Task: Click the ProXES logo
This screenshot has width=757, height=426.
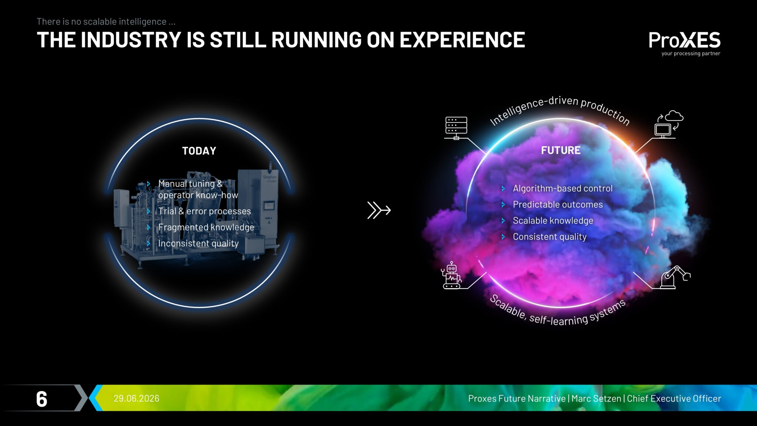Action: tap(685, 40)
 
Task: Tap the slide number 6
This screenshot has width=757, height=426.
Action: tap(42, 399)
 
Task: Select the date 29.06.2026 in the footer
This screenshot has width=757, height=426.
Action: tap(136, 398)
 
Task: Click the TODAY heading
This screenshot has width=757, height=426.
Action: tap(199, 151)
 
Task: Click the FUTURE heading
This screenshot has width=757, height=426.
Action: tap(561, 150)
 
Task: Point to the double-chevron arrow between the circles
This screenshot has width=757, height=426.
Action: tap(379, 210)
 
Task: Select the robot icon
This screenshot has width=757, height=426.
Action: tap(451, 275)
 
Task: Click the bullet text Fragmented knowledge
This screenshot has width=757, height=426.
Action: tap(206, 227)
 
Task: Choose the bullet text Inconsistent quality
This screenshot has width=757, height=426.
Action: tap(198, 243)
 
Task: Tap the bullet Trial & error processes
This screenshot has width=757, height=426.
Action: tap(204, 211)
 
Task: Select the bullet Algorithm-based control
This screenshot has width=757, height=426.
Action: tap(563, 189)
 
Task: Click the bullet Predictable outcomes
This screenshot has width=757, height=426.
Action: tap(558, 204)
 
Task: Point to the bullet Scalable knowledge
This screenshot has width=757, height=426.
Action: tap(553, 221)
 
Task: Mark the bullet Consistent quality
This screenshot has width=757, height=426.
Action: tap(550, 237)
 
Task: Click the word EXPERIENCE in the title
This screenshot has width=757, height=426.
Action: tap(462, 40)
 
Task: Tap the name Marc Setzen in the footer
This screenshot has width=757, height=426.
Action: tap(596, 398)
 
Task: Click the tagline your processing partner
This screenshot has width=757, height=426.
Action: tap(691, 54)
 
